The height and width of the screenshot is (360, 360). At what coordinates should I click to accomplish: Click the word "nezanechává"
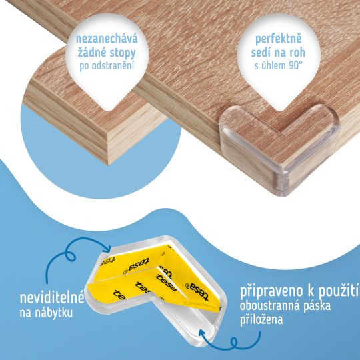coord(107,39)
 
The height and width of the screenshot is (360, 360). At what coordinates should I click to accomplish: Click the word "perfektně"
coord(279,39)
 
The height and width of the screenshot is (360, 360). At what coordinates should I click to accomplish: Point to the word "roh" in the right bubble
coord(297,53)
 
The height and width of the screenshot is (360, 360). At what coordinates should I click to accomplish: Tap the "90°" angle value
coord(295,65)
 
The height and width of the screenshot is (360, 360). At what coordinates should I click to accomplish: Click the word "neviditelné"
coord(52,298)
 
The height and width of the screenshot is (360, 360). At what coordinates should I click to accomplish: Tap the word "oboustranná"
coord(271,306)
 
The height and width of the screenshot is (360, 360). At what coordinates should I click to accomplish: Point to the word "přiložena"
coord(261,319)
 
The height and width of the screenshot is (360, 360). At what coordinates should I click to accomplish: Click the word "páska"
coord(317,306)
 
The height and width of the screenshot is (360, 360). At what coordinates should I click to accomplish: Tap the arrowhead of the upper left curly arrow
coord(108,249)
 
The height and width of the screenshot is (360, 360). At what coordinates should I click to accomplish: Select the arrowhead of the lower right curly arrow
coord(202,333)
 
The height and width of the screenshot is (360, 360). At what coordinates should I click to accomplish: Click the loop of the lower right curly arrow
coord(234,343)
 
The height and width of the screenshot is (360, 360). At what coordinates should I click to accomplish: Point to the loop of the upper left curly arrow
coord(70,255)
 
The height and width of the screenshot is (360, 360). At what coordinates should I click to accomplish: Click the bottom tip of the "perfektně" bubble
coord(279,111)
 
